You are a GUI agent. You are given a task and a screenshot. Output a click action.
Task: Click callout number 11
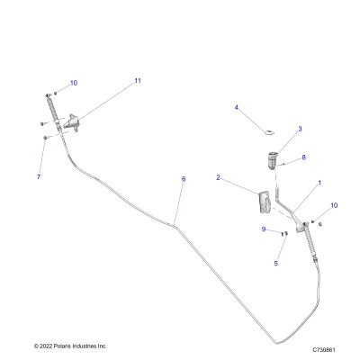[138, 81]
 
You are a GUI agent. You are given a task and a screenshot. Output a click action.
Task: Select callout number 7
[39, 177]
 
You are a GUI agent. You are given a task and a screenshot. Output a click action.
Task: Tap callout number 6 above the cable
[184, 179]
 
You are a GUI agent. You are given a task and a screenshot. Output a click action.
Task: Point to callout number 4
[237, 107]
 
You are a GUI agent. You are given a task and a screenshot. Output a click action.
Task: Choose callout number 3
[300, 129]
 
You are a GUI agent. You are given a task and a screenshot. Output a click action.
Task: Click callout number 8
[304, 157]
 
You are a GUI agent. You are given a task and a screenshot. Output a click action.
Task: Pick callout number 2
[218, 177]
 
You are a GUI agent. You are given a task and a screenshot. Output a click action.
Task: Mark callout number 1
[319, 183]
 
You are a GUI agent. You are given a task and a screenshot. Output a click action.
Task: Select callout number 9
[264, 229]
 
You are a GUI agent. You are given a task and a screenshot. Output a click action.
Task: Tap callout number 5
[276, 264]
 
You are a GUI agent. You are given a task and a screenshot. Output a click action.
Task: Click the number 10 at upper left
[74, 83]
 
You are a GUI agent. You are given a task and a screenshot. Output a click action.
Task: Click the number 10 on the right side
[334, 205]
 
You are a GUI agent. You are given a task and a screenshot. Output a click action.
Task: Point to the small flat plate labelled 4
[270, 132]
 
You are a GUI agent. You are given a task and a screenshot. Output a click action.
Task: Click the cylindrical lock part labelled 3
[273, 160]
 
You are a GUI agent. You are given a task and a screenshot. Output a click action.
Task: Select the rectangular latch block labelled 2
[265, 202]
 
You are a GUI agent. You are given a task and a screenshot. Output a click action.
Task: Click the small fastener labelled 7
[45, 138]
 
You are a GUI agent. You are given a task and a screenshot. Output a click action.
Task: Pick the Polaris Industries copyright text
[70, 346]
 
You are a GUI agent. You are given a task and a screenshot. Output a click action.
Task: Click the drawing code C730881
[324, 350]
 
